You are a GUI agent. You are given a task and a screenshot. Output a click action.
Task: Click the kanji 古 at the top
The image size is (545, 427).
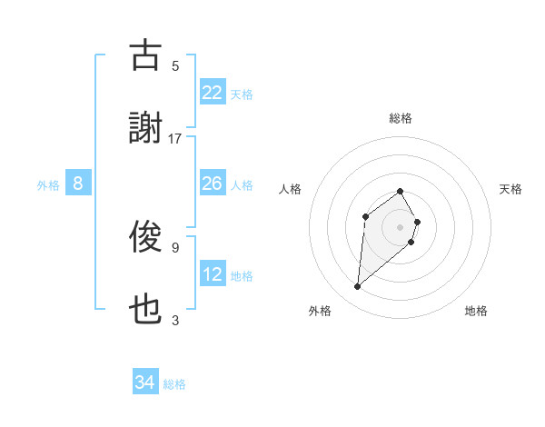[145, 56]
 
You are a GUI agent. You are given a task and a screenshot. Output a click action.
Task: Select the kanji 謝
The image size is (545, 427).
[145, 129]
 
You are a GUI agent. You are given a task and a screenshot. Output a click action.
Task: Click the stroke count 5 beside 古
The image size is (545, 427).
[175, 65]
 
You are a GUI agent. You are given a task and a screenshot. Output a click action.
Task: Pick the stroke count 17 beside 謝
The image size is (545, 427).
[175, 138]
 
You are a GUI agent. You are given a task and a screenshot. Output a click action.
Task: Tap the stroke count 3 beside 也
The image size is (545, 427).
[175, 320]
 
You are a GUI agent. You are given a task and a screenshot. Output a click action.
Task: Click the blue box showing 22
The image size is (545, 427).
[213, 93]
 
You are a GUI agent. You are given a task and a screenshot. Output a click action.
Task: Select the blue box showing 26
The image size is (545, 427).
[213, 184]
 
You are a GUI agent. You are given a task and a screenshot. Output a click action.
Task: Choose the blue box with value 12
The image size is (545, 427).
[213, 274]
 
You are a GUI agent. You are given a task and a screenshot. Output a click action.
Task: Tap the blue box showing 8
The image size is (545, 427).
[78, 184]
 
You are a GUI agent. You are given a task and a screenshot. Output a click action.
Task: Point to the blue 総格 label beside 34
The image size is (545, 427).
[174, 384]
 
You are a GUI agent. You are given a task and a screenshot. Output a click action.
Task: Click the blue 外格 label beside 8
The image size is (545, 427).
[48, 184]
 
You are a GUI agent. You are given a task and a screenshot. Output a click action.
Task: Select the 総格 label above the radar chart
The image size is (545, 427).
[401, 118]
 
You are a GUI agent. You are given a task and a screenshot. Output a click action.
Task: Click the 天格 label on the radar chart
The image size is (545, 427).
[511, 189]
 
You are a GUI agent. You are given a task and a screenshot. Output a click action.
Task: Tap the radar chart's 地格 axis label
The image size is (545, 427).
[476, 311]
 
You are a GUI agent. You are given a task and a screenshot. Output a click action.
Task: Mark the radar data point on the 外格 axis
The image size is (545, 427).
[358, 287]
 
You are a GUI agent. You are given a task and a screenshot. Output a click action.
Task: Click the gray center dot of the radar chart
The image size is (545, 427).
[401, 226]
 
